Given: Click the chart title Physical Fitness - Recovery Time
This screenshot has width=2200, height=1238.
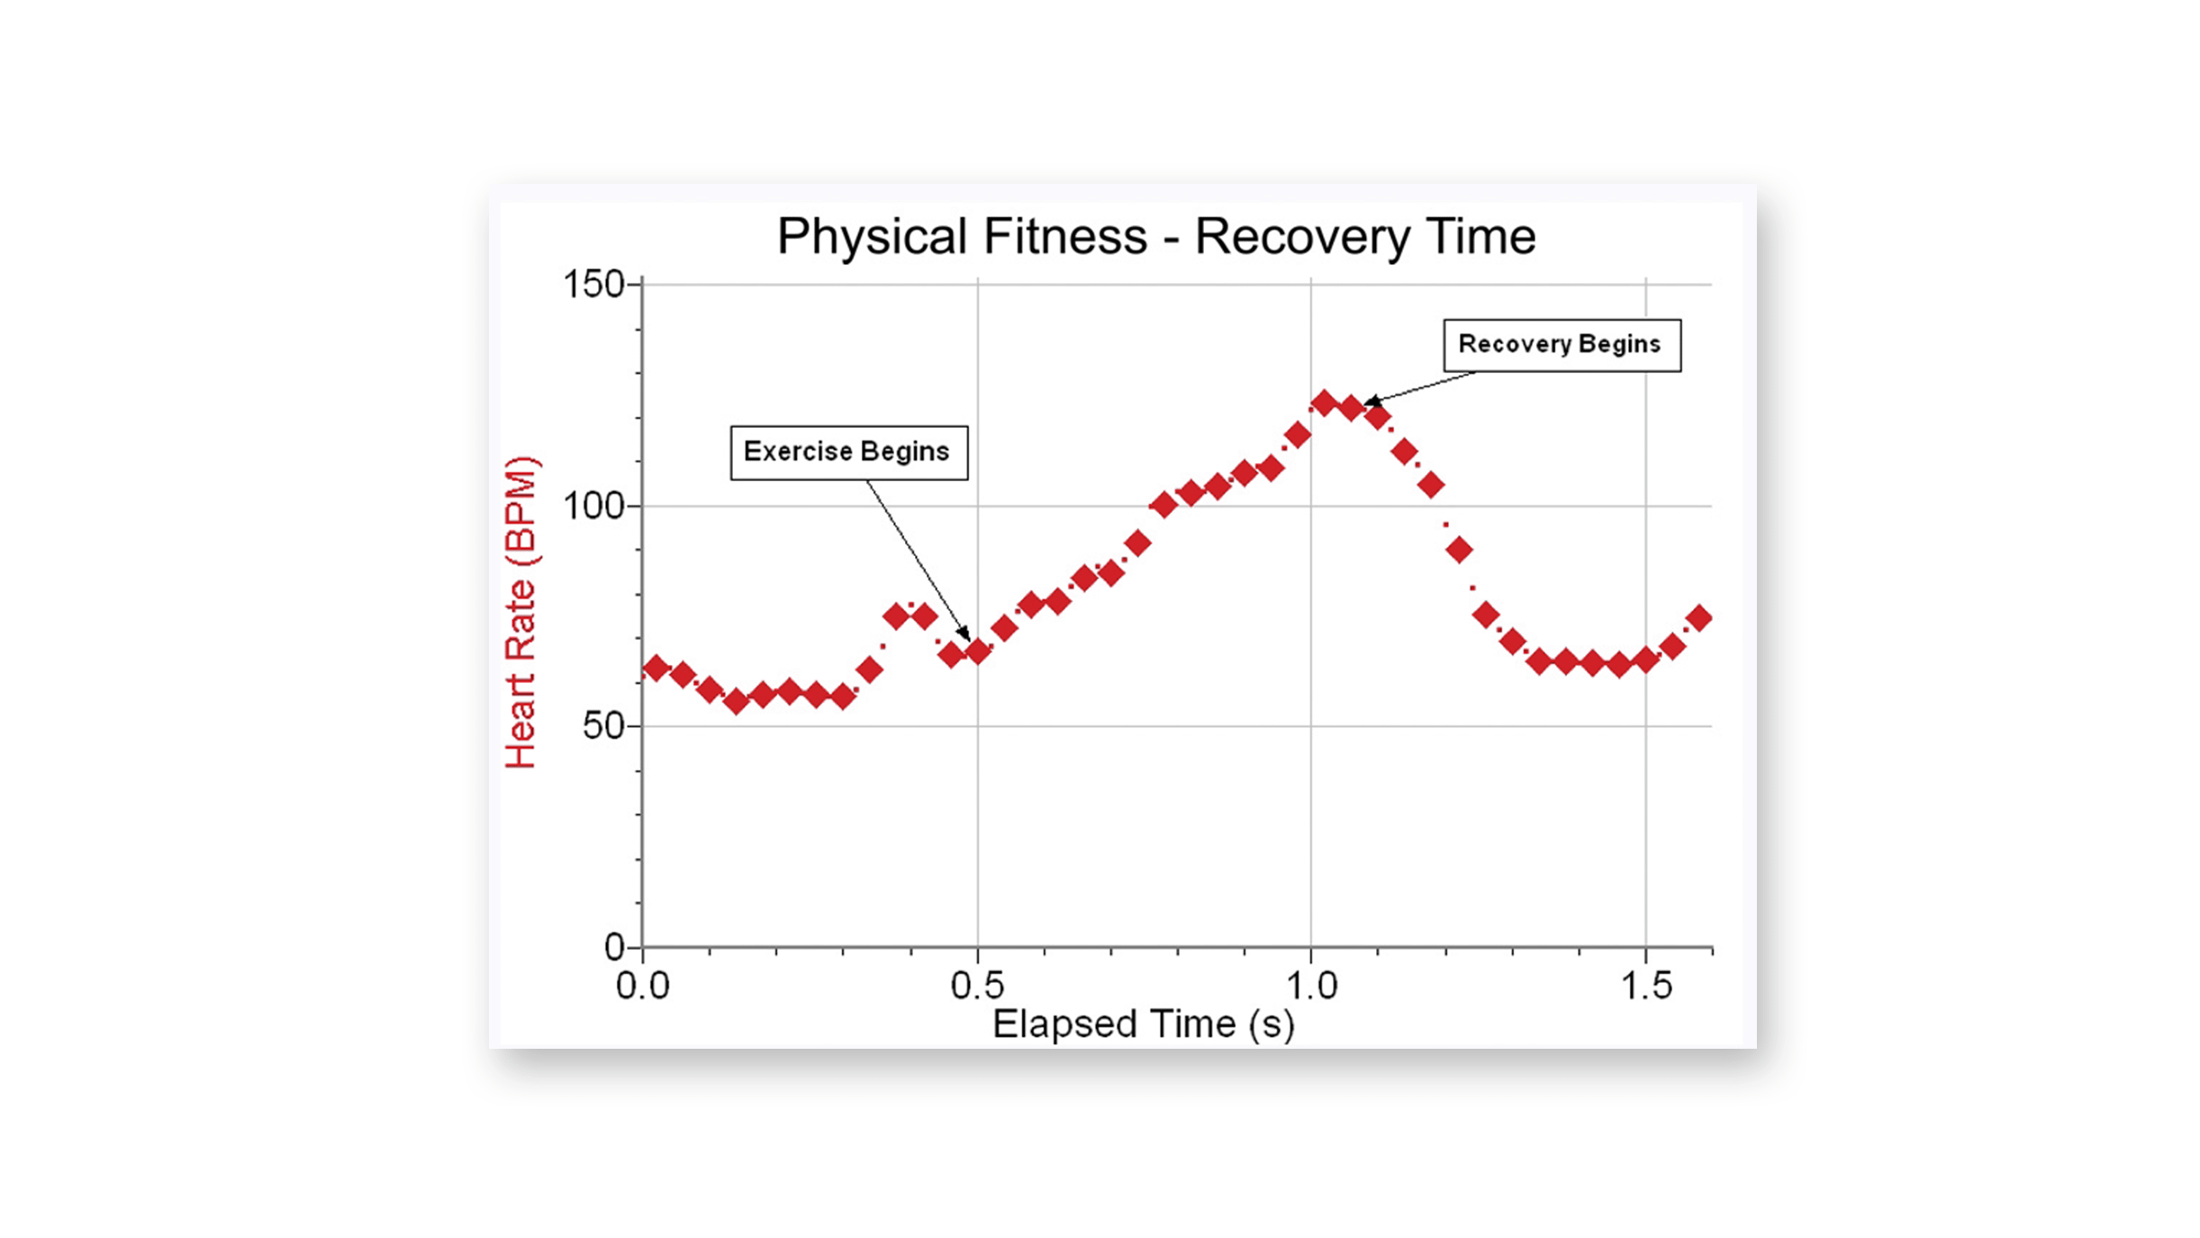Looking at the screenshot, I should [1155, 236].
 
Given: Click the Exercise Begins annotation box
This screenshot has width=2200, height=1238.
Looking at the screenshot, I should [848, 452].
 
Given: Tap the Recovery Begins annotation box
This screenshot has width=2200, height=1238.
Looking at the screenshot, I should [1561, 344].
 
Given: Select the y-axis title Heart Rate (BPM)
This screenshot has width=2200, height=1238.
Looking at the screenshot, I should [521, 612].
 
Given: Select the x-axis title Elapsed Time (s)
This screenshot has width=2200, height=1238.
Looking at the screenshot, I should [1143, 1024].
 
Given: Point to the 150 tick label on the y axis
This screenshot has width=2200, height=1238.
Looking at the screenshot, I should [593, 285].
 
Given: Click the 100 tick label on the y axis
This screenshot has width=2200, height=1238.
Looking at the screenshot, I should [593, 506].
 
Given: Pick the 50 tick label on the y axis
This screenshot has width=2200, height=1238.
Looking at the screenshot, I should [603, 726].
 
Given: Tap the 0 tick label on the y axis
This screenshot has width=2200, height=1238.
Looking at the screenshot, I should [614, 947].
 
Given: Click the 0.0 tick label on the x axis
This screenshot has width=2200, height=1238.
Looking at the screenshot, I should [642, 986].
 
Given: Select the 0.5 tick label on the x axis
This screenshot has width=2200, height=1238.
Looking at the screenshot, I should [977, 986].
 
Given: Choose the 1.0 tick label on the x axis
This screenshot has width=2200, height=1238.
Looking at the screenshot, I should [1311, 986].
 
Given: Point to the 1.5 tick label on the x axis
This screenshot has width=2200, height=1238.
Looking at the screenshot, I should [1646, 986].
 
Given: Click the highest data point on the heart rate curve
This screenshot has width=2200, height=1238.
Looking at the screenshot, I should [1324, 403].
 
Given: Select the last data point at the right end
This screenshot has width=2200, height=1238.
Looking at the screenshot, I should [1699, 618].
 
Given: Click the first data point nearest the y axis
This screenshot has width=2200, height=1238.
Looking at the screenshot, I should [656, 669].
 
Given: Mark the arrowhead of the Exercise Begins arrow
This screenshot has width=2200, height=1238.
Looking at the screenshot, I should [964, 634].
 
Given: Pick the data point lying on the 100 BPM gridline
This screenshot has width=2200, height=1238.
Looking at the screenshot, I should [1163, 505].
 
